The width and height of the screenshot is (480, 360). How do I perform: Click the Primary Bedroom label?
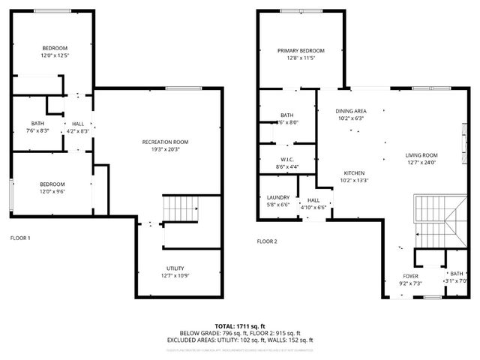pyautogui.click(x=301, y=51)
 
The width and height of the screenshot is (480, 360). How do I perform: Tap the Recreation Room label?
pyautogui.click(x=165, y=142)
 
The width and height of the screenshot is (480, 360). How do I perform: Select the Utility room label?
pyautogui.click(x=175, y=268)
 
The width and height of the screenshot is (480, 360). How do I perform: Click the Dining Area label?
pyautogui.click(x=350, y=111)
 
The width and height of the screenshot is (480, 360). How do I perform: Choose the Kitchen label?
pyautogui.click(x=354, y=172)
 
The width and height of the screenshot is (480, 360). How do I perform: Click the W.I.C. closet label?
pyautogui.click(x=285, y=160)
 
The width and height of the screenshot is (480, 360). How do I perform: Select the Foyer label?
pyautogui.click(x=410, y=276)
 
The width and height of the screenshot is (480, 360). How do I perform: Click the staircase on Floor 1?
pyautogui.click(x=181, y=208)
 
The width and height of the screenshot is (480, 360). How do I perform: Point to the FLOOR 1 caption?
pyautogui.click(x=20, y=238)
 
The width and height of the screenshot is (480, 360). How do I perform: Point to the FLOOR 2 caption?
pyautogui.click(x=267, y=241)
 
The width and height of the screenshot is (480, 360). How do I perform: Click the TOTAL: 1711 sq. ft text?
pyautogui.click(x=239, y=326)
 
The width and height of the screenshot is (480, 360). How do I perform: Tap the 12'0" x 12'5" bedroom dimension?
pyautogui.click(x=55, y=55)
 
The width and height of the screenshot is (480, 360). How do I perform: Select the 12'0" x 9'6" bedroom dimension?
pyautogui.click(x=52, y=191)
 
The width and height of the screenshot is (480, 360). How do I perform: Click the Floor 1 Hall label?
pyautogui.click(x=78, y=124)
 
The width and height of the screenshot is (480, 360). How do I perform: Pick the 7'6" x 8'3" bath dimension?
pyautogui.click(x=37, y=131)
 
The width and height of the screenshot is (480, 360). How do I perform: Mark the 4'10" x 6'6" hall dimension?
pyautogui.click(x=313, y=207)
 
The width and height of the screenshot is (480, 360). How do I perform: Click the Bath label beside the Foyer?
pyautogui.click(x=457, y=274)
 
